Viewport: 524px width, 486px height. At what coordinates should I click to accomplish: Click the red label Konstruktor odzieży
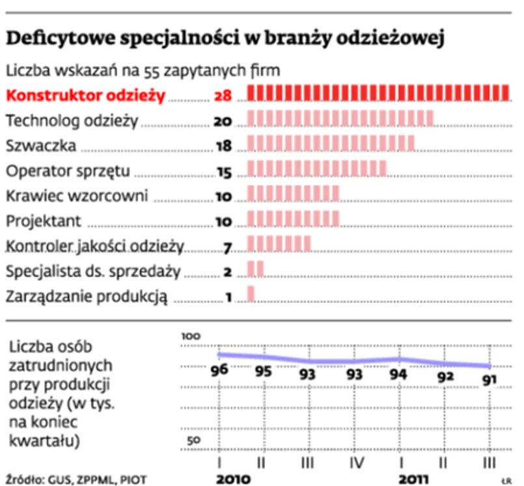(85, 96)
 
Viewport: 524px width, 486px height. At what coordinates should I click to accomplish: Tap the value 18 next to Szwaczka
(223, 146)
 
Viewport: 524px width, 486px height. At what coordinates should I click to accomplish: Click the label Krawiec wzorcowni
(77, 195)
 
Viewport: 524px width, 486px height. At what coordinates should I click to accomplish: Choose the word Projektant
(44, 221)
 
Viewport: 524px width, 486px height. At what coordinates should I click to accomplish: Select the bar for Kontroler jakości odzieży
(279, 244)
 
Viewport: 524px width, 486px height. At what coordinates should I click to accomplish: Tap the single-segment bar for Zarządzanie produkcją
(251, 295)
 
